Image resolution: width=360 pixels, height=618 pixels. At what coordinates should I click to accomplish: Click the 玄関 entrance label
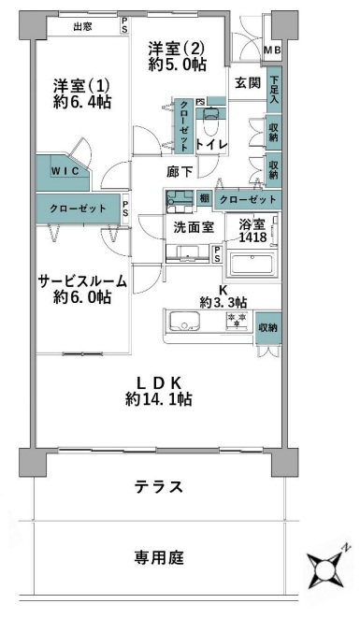247,82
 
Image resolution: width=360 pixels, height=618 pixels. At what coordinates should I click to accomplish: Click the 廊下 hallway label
180,172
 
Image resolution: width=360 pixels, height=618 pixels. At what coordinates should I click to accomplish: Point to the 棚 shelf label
203,198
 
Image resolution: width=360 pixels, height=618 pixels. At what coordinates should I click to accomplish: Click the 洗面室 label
193,225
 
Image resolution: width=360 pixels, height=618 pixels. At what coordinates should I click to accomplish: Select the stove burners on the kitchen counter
235,323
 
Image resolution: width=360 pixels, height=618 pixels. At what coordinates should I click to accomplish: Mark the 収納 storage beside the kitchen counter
268,328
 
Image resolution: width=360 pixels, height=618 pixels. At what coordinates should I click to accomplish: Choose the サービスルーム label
81,280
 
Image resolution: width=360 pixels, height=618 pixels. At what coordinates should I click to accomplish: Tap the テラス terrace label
156,487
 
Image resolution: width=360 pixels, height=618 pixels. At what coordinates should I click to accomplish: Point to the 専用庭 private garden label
157,557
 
